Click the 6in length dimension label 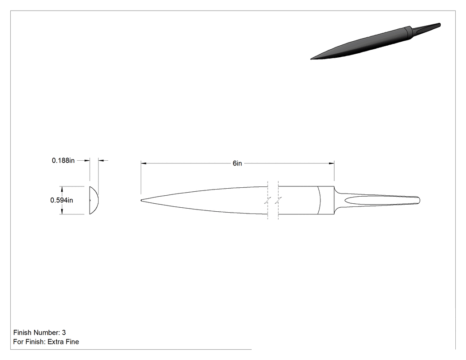237,163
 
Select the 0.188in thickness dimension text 63,161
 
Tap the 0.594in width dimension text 62,200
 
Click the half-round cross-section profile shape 93,200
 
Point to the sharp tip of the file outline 141,200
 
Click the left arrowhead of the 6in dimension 144,163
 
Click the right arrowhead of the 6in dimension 332,163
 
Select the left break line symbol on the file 268,200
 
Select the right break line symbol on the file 278,200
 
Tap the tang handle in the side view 377,200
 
